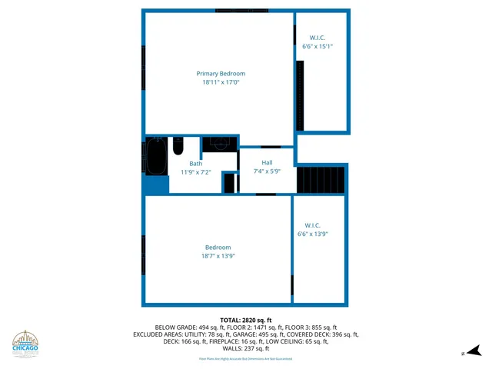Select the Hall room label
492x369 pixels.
click(267, 163)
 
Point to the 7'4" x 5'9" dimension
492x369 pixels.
click(267, 171)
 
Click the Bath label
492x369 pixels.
click(196, 164)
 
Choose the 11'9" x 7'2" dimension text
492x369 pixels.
click(196, 172)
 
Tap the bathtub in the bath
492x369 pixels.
click(156, 156)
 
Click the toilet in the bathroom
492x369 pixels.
click(178, 145)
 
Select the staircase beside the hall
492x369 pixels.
click(321, 179)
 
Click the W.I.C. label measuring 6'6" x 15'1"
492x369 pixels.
click(317, 38)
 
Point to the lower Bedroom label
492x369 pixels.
click(218, 248)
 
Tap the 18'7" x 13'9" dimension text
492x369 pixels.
click(218, 256)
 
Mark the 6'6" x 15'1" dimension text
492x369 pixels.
click(317, 46)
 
